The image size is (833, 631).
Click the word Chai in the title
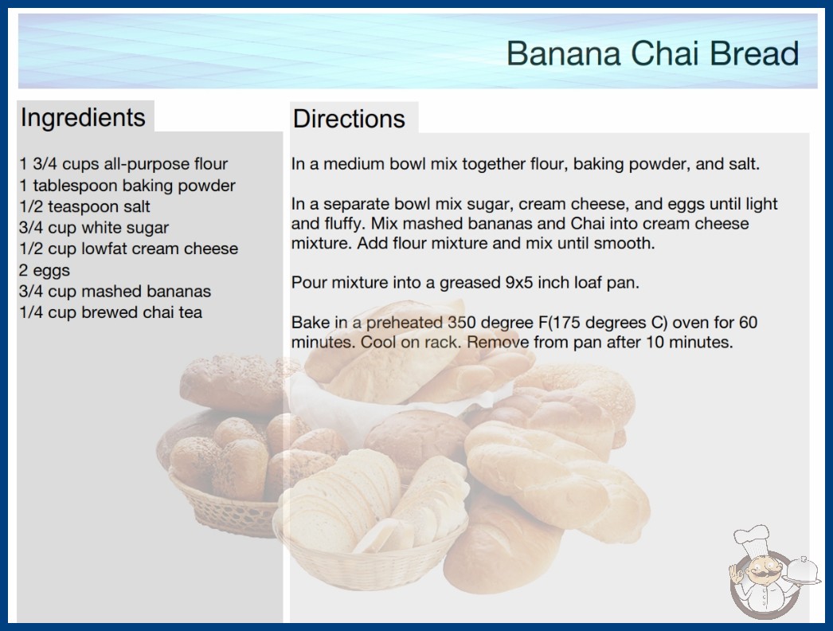pos(665,53)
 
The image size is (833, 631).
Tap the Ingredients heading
pos(83,118)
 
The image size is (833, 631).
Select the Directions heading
pos(349,119)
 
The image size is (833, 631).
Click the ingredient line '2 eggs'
pos(44,271)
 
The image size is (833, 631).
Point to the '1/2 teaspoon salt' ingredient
pos(84,206)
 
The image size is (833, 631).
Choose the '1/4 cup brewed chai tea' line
pos(111,312)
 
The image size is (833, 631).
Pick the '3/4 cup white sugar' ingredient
pos(93,228)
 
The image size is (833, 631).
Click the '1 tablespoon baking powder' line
pos(127,186)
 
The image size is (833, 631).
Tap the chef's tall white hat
pos(753,538)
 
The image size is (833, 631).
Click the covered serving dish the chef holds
pos(803,570)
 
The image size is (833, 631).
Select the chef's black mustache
pos(764,574)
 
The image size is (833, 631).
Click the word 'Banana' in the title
pos(564,53)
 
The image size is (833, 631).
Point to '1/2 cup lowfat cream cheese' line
pos(128,249)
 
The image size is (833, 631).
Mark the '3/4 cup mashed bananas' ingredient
pos(115,292)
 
